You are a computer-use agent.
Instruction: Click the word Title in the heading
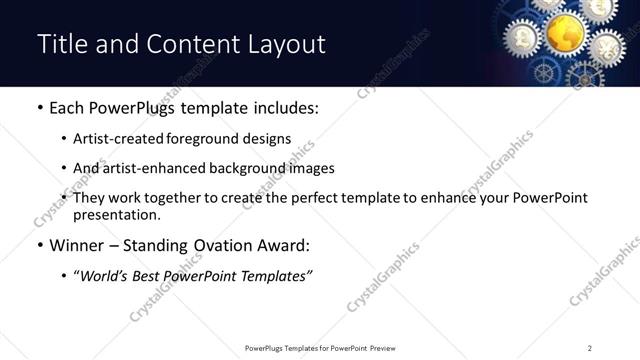[x=62, y=45]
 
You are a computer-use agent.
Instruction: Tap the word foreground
[x=207, y=139]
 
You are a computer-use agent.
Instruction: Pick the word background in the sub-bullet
[x=251, y=168]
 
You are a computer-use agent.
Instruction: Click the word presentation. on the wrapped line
[x=116, y=214]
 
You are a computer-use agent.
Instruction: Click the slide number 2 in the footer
[x=590, y=347]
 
